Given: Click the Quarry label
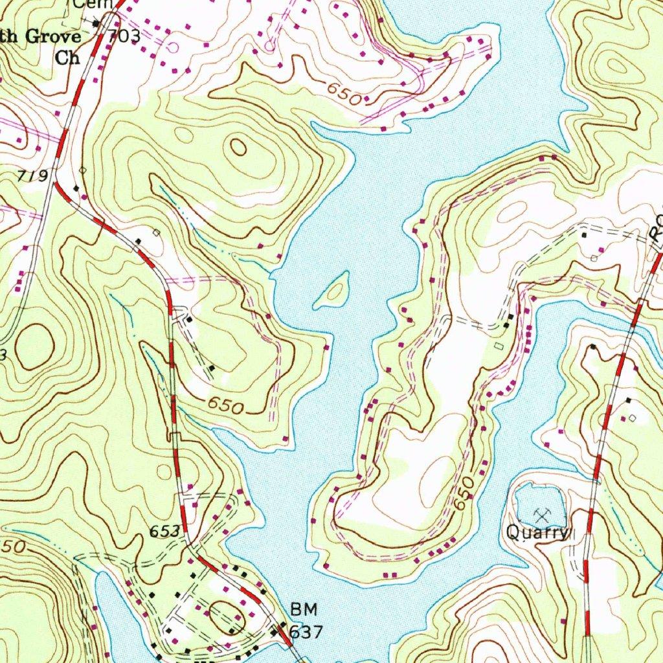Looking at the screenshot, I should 537,533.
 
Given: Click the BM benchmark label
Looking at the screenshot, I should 302,609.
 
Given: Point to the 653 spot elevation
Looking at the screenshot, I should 164,531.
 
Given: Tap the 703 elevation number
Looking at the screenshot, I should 124,37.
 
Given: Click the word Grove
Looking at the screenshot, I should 54,36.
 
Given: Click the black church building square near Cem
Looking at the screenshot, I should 96,24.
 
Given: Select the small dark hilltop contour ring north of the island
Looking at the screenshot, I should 238,148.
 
